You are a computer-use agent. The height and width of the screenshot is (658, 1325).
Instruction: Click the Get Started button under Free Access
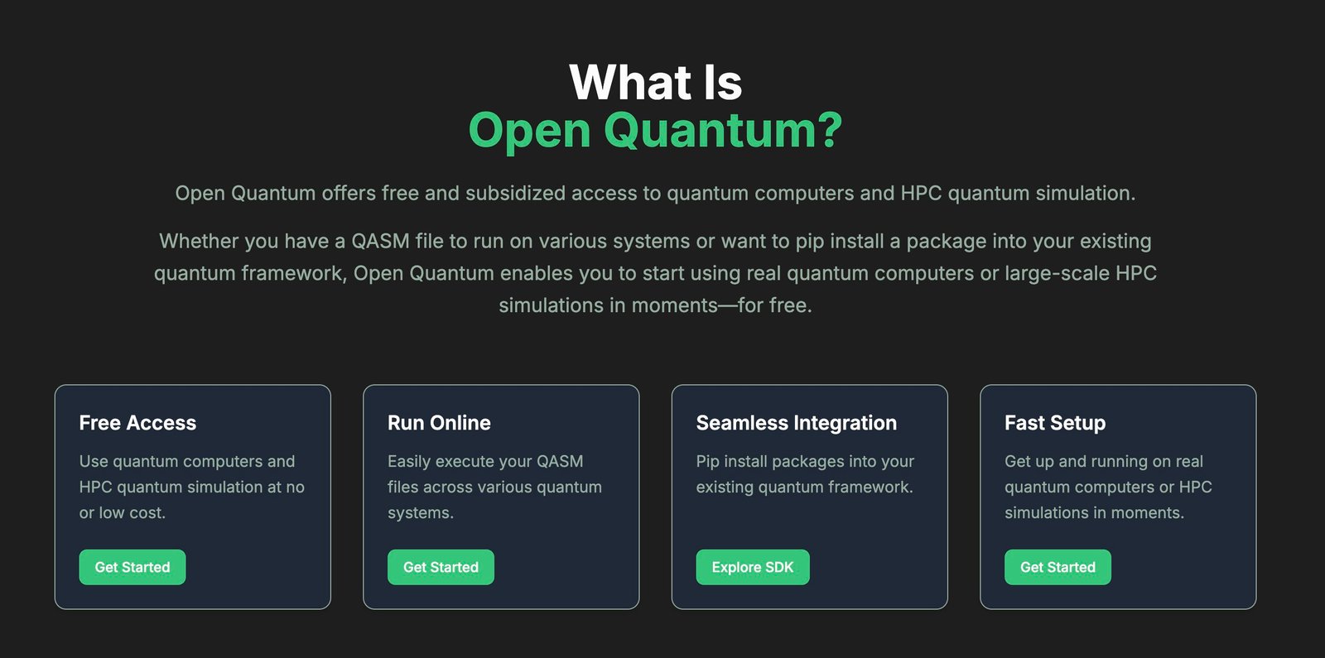(x=132, y=567)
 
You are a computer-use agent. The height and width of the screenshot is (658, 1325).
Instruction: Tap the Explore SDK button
(x=752, y=567)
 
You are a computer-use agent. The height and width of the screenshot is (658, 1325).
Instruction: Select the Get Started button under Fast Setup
(x=1058, y=567)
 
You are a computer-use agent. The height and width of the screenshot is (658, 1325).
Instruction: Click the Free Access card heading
(x=137, y=423)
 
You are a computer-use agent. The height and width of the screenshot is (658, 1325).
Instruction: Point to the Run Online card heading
(x=439, y=423)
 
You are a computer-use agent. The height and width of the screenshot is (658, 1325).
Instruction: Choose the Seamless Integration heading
(x=796, y=423)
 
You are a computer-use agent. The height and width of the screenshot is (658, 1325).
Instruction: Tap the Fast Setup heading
(x=1054, y=423)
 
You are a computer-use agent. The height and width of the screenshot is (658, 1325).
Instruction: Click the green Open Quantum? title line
(x=655, y=131)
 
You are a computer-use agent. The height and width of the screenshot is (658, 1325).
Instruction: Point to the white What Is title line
(x=655, y=83)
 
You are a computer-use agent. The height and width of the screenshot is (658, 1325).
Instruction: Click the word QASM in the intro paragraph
(x=380, y=242)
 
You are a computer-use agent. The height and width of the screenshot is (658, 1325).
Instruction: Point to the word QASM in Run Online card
(x=560, y=461)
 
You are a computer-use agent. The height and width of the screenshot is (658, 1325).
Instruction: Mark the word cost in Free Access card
(x=147, y=513)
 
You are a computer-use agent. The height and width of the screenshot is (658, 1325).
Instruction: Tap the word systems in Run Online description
(x=419, y=513)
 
